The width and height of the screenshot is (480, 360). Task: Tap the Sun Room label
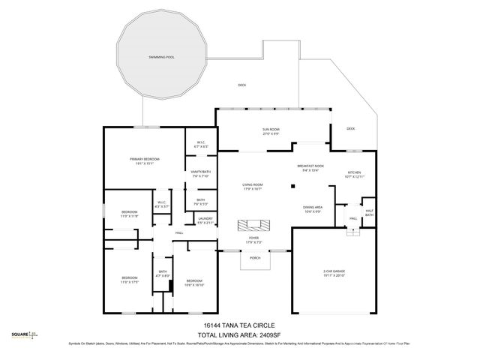[x=271, y=130]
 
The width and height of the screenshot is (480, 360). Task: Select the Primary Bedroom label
[x=145, y=160]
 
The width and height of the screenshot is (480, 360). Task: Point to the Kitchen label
[x=353, y=173]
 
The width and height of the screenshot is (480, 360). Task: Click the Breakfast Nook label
[x=310, y=167]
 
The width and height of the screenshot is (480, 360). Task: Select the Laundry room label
[x=205, y=221]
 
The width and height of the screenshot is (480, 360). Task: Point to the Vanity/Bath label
[x=200, y=174]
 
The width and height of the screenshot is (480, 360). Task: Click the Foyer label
[x=253, y=239]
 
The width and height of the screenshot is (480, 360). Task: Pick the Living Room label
[x=252, y=186]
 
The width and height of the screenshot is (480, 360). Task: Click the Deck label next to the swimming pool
[x=241, y=85]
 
